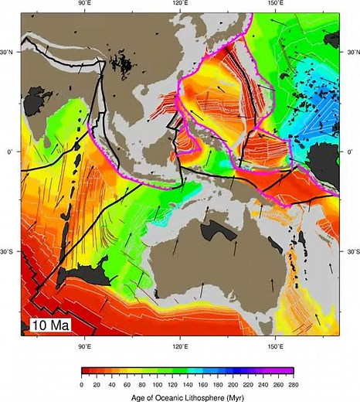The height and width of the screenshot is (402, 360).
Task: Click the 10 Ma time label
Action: [49, 325]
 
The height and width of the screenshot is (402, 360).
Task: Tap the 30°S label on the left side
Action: [9, 252]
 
